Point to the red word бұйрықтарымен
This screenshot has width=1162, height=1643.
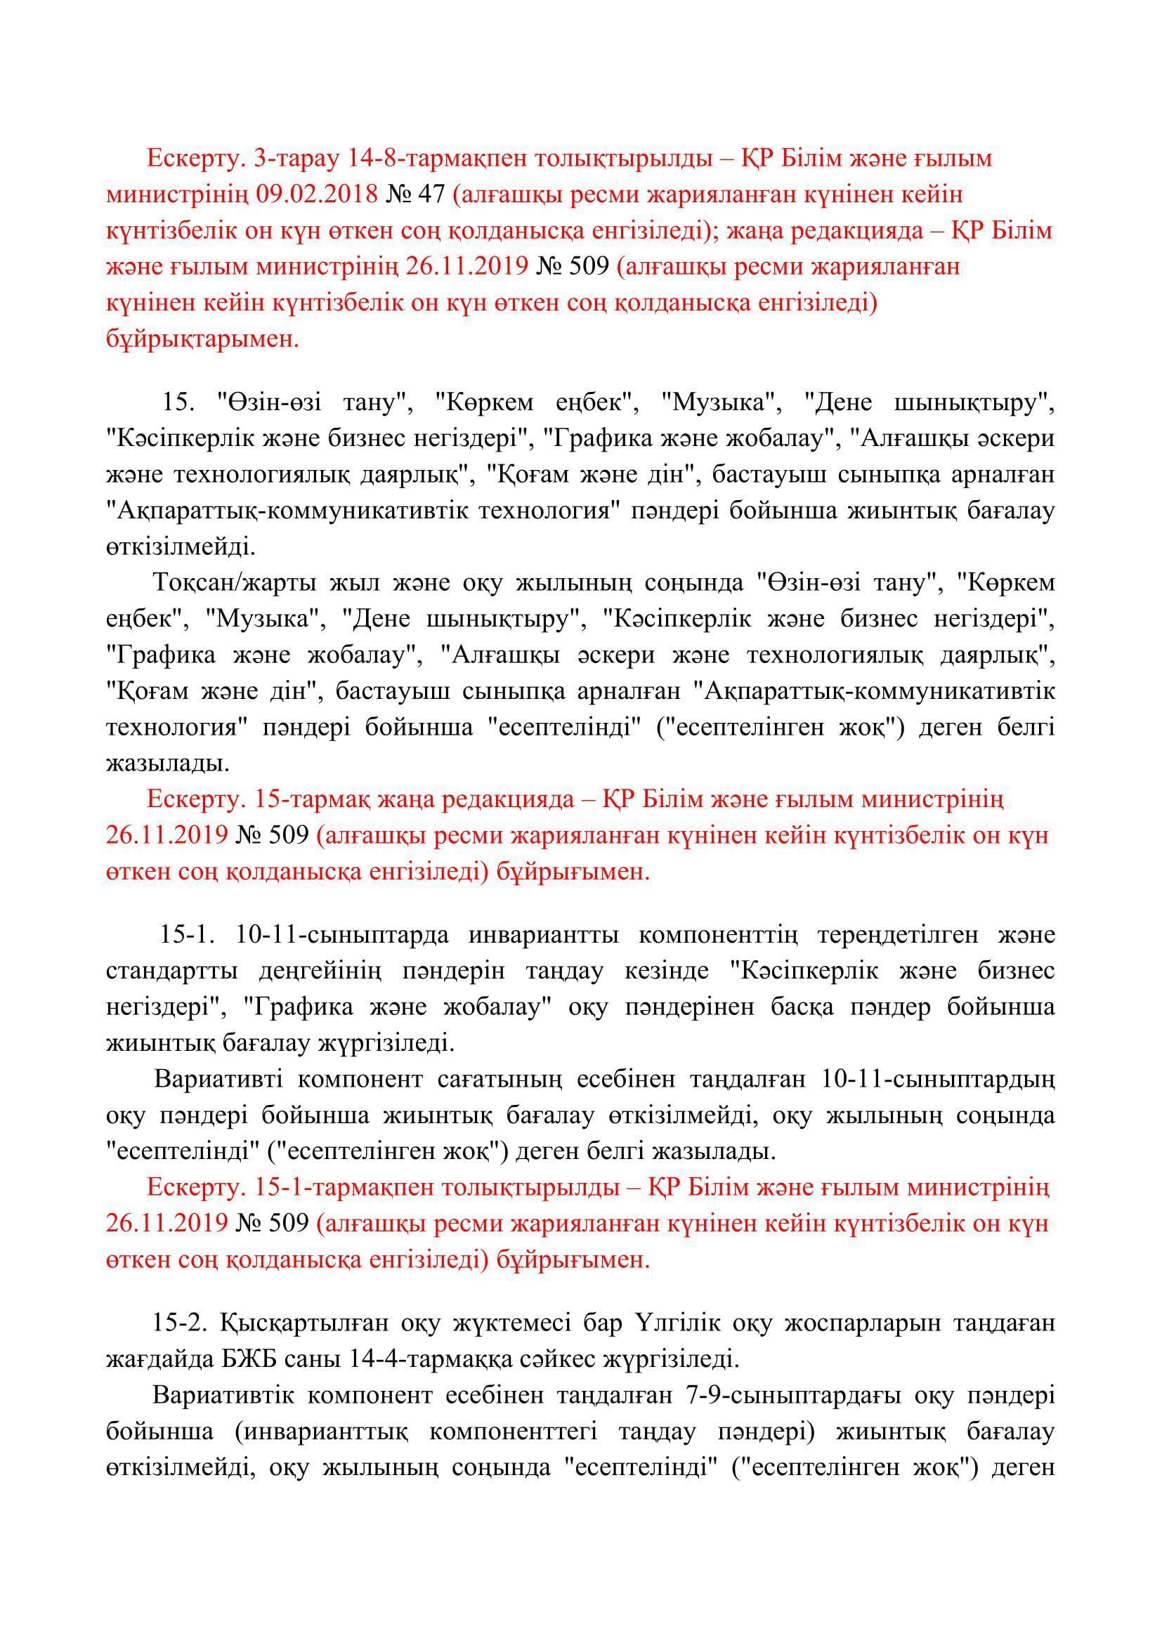coord(202,339)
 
